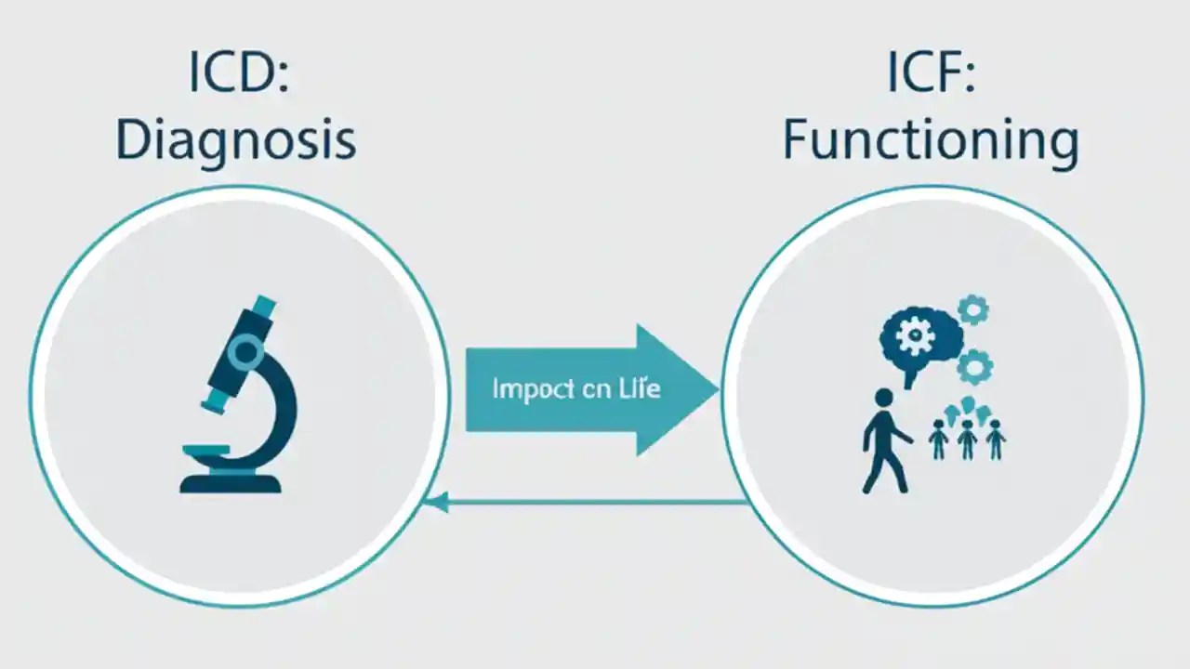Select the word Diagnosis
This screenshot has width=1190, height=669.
point(235,140)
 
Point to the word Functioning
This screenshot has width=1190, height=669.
point(931,142)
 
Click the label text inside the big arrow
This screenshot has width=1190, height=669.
point(575,388)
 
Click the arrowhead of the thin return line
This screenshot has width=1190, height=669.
point(430,503)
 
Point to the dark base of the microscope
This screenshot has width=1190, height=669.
point(231,482)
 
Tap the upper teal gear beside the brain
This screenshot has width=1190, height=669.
point(972,309)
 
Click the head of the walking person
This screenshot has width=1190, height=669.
point(884,398)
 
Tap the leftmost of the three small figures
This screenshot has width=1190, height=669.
point(938,439)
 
